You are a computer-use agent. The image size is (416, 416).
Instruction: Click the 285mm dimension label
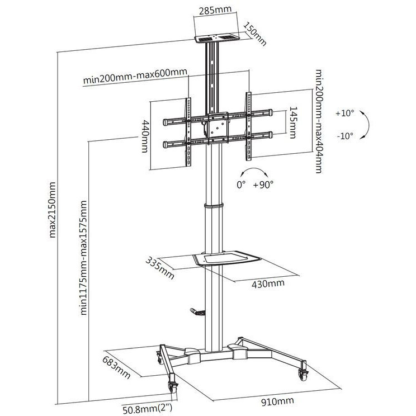[x=215, y=11]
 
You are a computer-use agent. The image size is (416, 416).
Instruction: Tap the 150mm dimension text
[x=255, y=34]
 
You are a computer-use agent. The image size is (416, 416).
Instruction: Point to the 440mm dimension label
[x=145, y=136]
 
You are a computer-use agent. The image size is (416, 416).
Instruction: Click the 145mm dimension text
[x=293, y=122]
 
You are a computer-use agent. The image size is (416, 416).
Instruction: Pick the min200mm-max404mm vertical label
[x=318, y=121]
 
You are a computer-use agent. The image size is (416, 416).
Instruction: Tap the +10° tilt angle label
[x=344, y=114]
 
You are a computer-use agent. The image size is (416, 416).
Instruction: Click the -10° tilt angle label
[x=345, y=136]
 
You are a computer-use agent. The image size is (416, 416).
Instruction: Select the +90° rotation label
[x=263, y=185]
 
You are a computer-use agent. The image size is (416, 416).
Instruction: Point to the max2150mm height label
[x=52, y=210]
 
